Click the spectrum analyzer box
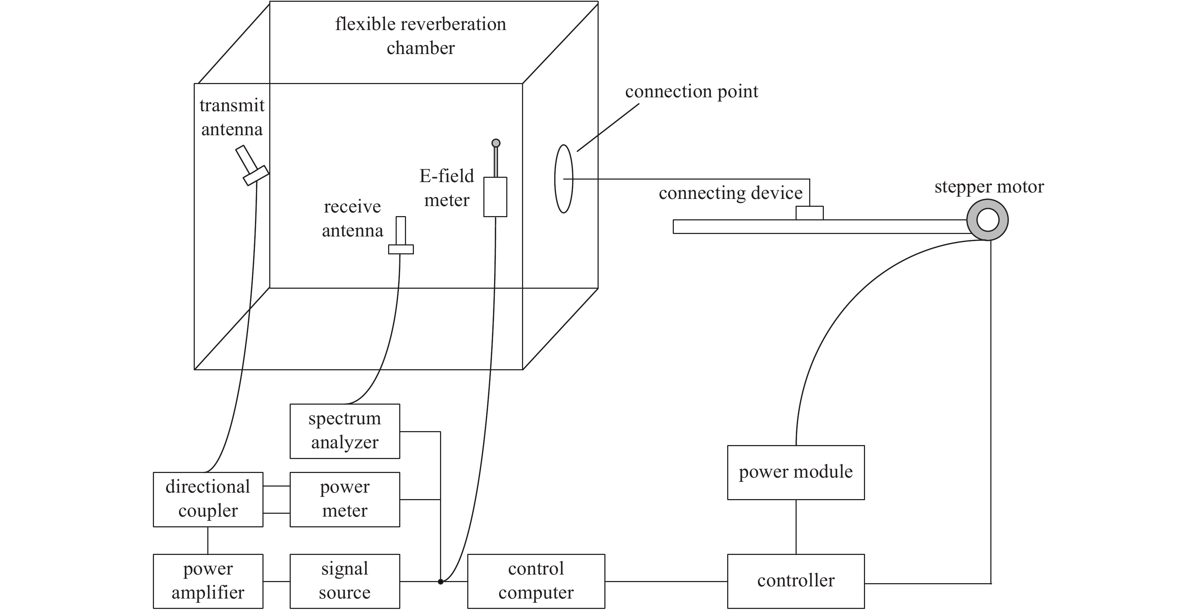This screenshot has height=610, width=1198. coord(344,431)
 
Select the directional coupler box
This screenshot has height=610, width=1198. coord(208,499)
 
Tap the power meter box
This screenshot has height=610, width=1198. coord(344,499)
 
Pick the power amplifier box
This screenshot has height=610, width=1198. coord(208,581)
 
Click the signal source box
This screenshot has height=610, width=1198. coord(344,581)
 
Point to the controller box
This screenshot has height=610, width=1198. coord(796,581)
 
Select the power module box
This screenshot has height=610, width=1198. coord(796,473)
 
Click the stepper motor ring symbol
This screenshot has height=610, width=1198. coord(987,220)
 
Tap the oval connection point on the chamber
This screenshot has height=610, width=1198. coord(564,179)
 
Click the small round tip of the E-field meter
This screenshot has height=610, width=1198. coord(496,143)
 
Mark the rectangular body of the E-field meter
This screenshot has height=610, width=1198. coord(495,196)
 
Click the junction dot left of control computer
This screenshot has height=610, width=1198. coord(440,581)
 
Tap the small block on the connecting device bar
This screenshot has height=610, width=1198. coord(809,213)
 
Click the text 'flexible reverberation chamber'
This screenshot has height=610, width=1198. coord(420,36)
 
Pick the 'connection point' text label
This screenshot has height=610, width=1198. coord(691,92)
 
